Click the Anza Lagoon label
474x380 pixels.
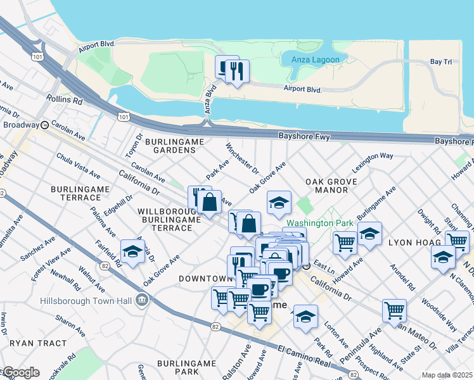(316, 60)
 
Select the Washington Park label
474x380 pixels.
(310, 224)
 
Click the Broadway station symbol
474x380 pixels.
(45, 125)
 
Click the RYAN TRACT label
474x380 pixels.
(39, 343)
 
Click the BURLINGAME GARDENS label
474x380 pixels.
(170, 146)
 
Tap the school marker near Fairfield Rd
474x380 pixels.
(132, 251)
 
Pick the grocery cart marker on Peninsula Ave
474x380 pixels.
(394, 310)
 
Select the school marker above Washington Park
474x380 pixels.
(278, 203)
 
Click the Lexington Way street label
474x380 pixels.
(373, 156)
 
